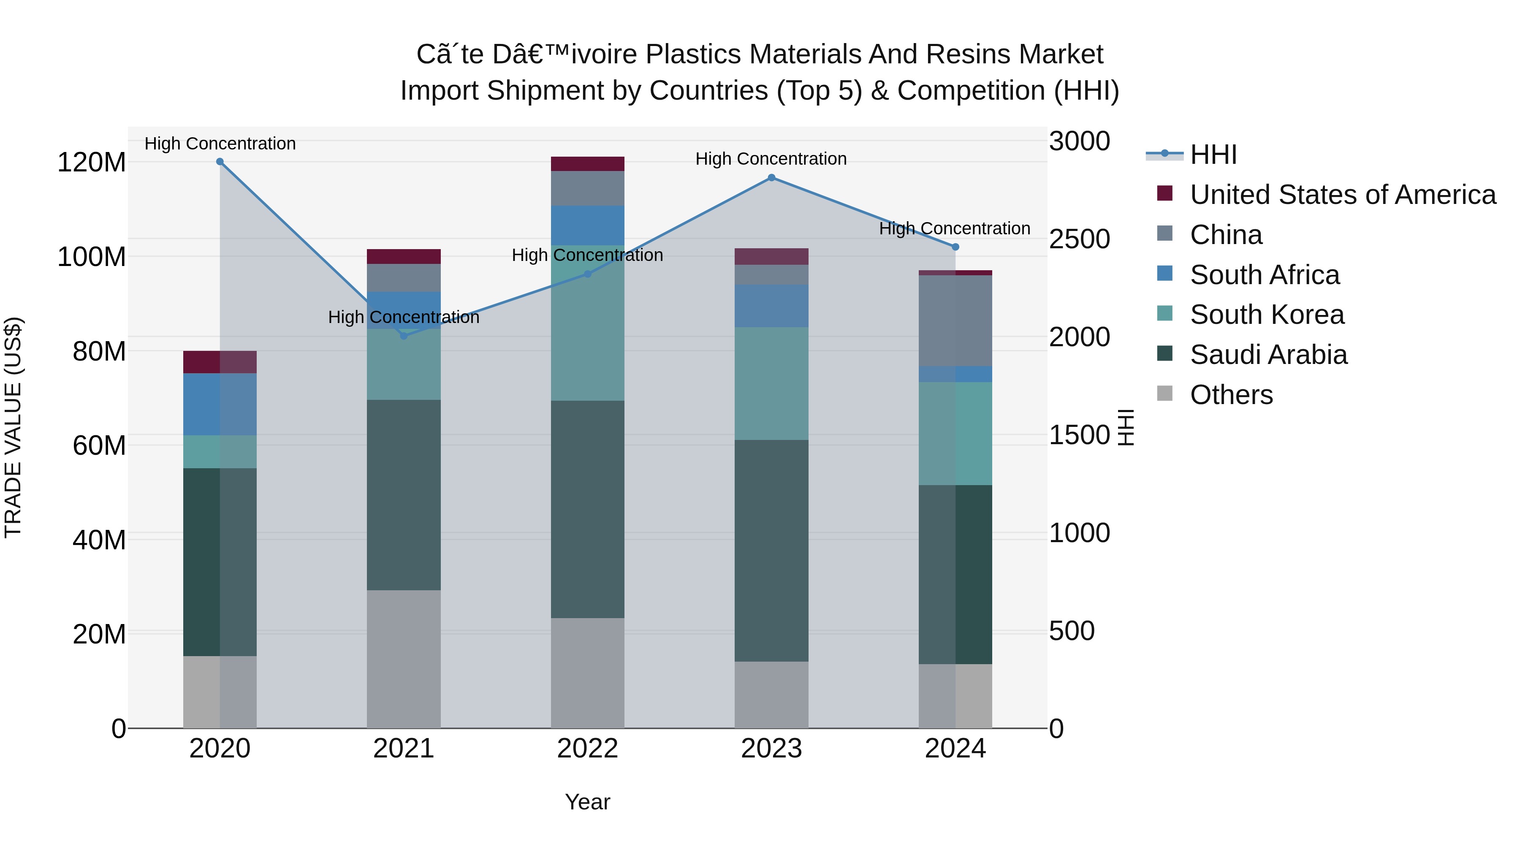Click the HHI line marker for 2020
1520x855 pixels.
(x=220, y=162)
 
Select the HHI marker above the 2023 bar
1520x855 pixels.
(x=771, y=178)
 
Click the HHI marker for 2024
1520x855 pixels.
(x=955, y=247)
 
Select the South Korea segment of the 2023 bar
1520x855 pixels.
(x=771, y=383)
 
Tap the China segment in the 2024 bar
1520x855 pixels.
(x=955, y=320)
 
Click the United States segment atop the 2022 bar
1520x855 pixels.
(x=587, y=164)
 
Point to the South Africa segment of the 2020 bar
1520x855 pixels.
(x=220, y=404)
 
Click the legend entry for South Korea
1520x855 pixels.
(x=1267, y=315)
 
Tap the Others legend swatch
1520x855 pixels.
(x=1165, y=394)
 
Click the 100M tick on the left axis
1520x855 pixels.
(x=92, y=257)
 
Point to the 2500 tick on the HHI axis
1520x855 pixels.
(x=1079, y=239)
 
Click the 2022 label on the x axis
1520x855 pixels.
(x=587, y=749)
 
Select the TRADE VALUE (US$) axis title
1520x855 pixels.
(x=13, y=427)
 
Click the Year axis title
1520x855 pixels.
(x=587, y=802)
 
